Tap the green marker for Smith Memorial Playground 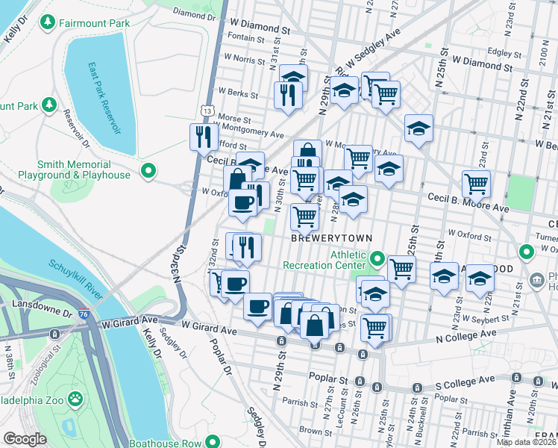coord(148,171)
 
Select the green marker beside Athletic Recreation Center coord(377,259)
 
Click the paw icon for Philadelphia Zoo coord(75,399)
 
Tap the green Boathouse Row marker coord(213,443)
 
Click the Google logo coord(25,439)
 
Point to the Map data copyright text coord(526,442)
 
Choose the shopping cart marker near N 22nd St coord(476,184)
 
